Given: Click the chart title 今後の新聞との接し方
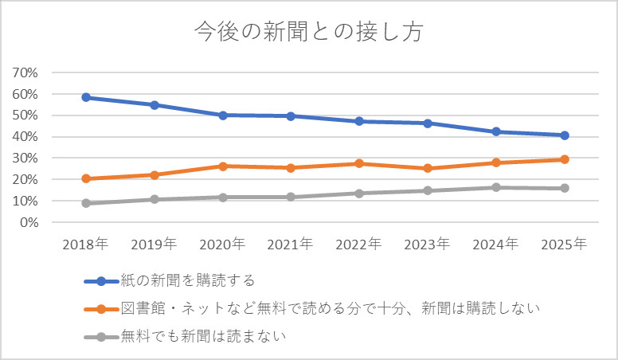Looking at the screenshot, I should [x=308, y=33].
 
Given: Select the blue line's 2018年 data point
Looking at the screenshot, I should [x=87, y=97].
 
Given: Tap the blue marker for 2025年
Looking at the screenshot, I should [x=564, y=135].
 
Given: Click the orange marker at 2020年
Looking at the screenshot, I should [x=223, y=166].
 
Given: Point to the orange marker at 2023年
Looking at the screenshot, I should [x=428, y=168].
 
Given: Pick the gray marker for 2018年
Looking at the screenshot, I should [x=87, y=203].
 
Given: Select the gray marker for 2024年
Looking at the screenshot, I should [x=496, y=187].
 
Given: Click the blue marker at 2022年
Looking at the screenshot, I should [x=359, y=121].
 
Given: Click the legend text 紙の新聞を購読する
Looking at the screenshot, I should [x=188, y=280].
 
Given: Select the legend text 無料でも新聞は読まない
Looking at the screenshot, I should [x=203, y=337].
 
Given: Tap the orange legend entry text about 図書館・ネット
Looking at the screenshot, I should [x=331, y=309].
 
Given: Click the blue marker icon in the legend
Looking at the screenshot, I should [x=100, y=280].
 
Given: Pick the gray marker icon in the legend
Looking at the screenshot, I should [x=100, y=337].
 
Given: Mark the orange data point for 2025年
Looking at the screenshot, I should [x=564, y=159].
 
